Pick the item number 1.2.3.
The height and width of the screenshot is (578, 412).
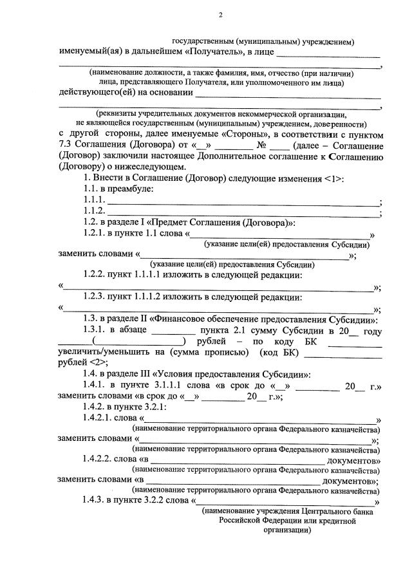tap(97, 297)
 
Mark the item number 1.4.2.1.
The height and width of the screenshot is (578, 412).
tap(101, 418)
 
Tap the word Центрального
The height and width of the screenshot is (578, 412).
tap(308, 511)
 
